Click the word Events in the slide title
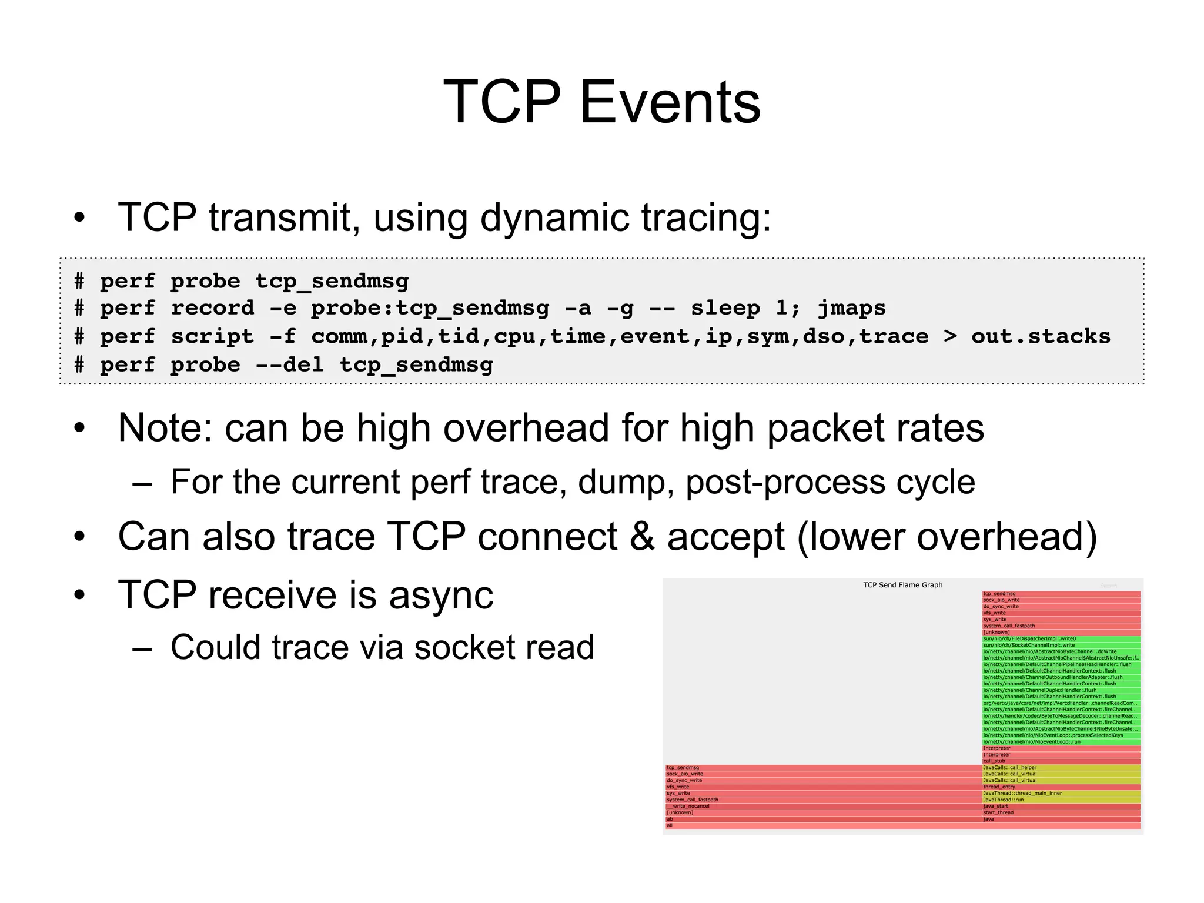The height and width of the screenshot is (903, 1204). (670, 103)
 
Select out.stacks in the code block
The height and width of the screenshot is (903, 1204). (1041, 336)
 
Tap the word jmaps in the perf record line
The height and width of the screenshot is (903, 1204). (851, 308)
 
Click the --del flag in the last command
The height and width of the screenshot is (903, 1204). (289, 364)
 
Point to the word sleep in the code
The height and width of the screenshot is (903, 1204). (725, 308)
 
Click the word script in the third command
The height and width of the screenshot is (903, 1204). (212, 336)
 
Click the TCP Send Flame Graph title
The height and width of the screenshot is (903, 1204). (902, 585)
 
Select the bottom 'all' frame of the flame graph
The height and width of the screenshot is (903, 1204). (902, 825)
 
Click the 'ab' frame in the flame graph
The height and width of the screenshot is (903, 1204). (823, 819)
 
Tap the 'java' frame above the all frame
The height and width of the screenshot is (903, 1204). (1061, 819)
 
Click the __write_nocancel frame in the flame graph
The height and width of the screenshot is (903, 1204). (823, 806)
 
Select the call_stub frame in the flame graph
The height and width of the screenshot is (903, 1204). (1061, 761)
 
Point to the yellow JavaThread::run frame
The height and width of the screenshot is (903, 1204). (1061, 800)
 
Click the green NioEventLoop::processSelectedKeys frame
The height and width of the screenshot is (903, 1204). (1061, 735)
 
